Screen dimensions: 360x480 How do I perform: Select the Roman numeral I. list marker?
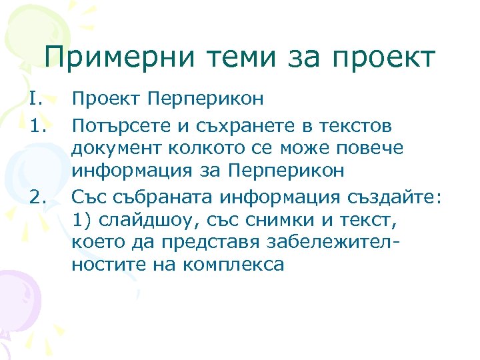(x=35, y=99)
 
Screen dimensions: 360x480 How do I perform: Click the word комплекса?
(x=229, y=265)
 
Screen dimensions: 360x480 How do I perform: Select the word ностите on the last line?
(x=111, y=265)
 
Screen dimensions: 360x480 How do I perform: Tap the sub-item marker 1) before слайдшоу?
(x=82, y=218)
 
